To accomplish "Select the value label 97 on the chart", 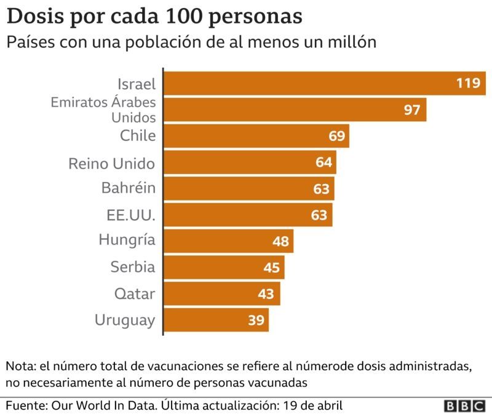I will pyautogui.click(x=412, y=110).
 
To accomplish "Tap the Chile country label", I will pyautogui.click(x=138, y=135).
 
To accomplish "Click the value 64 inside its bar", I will pyautogui.click(x=324, y=162).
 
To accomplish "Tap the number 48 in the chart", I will pyautogui.click(x=280, y=241).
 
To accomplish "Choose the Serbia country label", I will pyautogui.click(x=132, y=267).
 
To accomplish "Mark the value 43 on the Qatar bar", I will pyautogui.click(x=266, y=294).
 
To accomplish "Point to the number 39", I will pyautogui.click(x=256, y=320).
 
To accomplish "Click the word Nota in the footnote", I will pyautogui.click(x=20, y=367).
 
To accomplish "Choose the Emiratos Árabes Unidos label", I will pyautogui.click(x=103, y=109).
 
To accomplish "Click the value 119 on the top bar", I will pyautogui.click(x=467, y=83).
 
